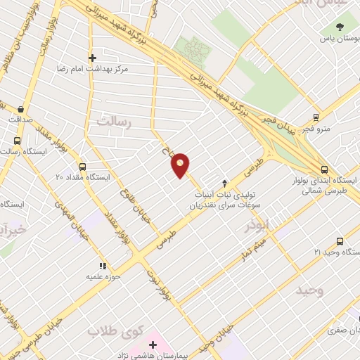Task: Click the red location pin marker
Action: (x=181, y=165)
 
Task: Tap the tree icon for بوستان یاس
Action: (x=341, y=27)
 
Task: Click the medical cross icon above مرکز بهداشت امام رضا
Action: (x=92, y=58)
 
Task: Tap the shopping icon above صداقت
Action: (x=22, y=108)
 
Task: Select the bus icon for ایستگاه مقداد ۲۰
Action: (x=83, y=167)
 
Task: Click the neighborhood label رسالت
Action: (x=115, y=121)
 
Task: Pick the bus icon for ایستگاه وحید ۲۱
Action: (x=340, y=241)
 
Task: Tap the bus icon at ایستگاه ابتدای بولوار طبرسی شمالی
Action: (x=324, y=169)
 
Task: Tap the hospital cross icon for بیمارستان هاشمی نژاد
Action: (x=153, y=345)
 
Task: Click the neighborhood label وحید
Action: (x=310, y=290)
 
